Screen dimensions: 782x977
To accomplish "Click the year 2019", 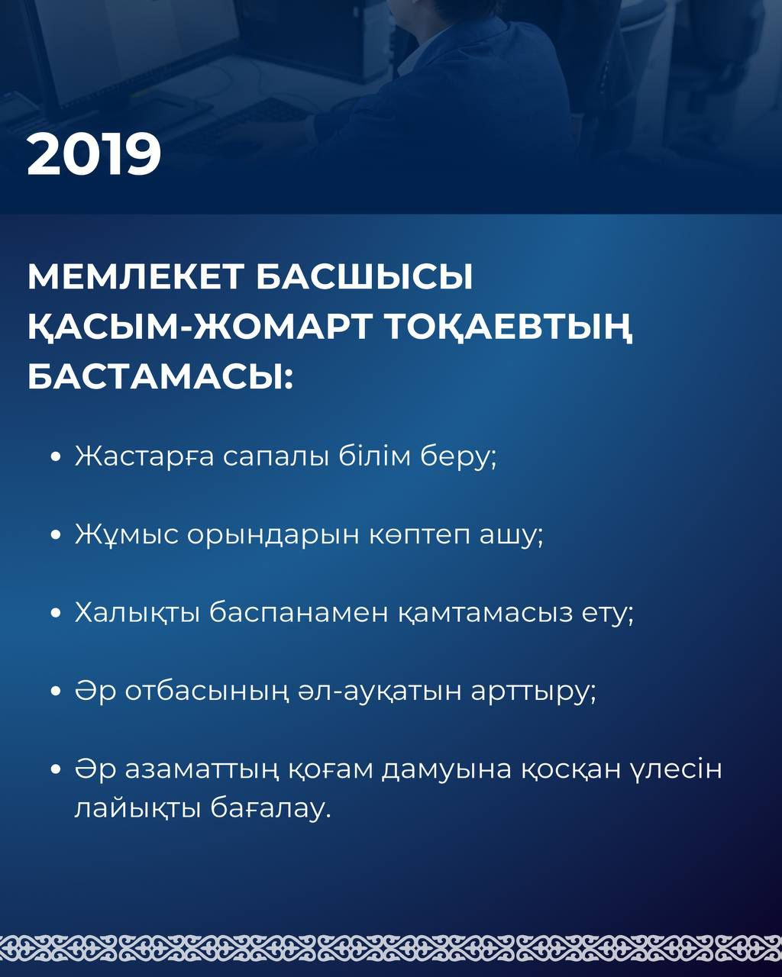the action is click(94, 154).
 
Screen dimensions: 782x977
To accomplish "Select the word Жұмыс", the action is click(126, 535).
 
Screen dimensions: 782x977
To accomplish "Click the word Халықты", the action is click(137, 614).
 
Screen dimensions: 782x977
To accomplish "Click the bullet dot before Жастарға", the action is click(57, 456).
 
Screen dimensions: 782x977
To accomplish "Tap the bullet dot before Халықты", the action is click(57, 614).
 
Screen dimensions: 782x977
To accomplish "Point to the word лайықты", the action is click(137, 810).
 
